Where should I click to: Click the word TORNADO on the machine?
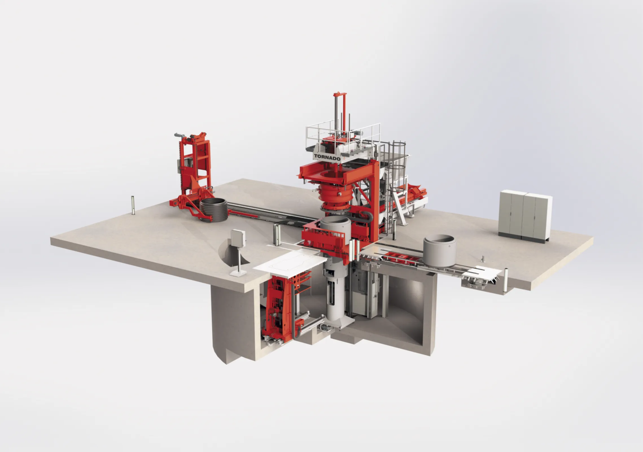[x=327, y=157]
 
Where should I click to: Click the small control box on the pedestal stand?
[x=238, y=238]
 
